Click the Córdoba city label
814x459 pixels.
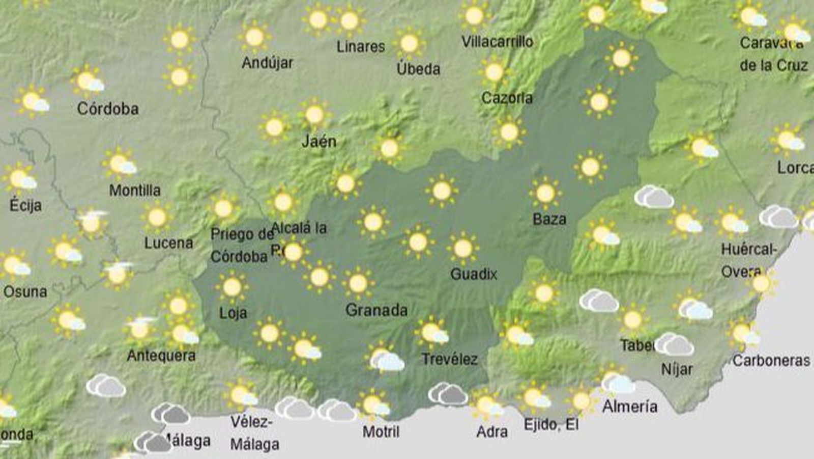tap(108, 109)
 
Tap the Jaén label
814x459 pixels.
tap(319, 141)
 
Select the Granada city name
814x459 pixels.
tap(376, 310)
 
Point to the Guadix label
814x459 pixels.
tap(474, 274)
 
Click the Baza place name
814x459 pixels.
tap(549, 219)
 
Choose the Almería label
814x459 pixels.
tap(630, 407)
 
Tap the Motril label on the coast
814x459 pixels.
tap(381, 432)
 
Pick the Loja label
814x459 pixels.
tap(233, 312)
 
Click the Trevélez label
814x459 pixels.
tap(450, 359)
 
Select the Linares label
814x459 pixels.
tap(361, 47)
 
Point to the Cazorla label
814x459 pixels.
tap(507, 98)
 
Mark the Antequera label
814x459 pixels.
tap(161, 356)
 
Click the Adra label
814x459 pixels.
tap(492, 432)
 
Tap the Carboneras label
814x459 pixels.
tap(771, 361)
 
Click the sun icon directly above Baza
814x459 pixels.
tap(545, 194)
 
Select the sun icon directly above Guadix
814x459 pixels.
tap(462, 249)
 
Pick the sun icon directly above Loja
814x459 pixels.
tap(232, 287)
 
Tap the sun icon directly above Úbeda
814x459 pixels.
tap(410, 44)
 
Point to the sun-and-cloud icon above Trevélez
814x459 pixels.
tap(432, 333)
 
